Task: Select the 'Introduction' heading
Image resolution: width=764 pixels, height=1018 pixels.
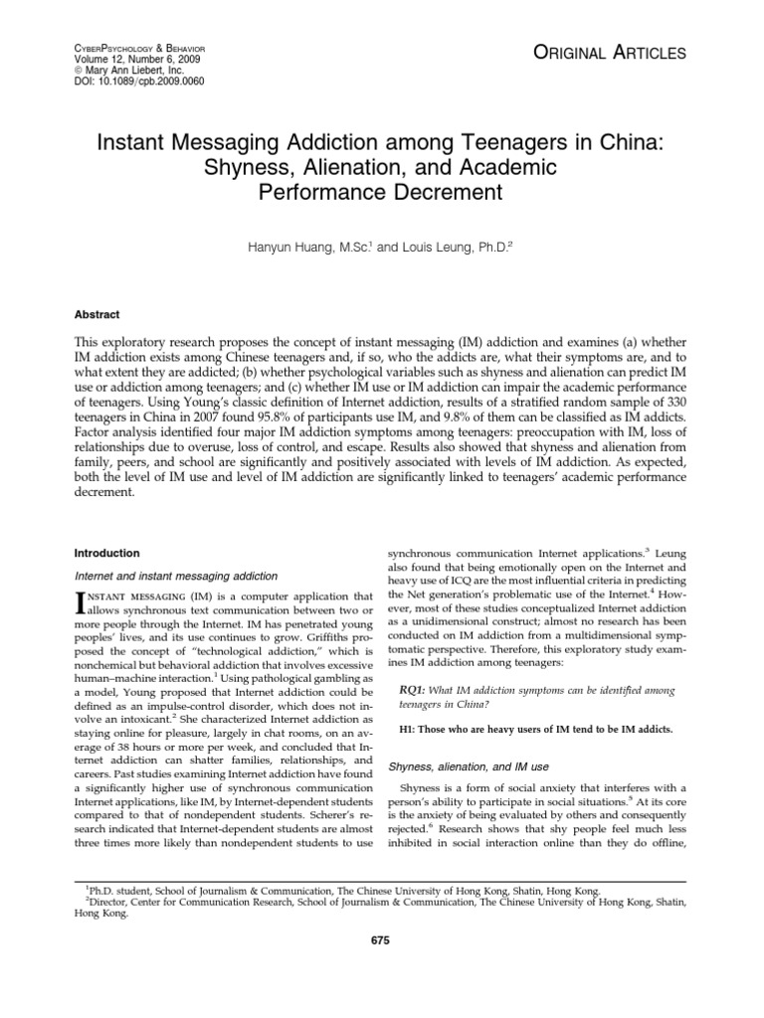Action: (107, 553)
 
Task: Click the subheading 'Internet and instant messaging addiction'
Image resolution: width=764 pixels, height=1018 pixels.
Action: (175, 576)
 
